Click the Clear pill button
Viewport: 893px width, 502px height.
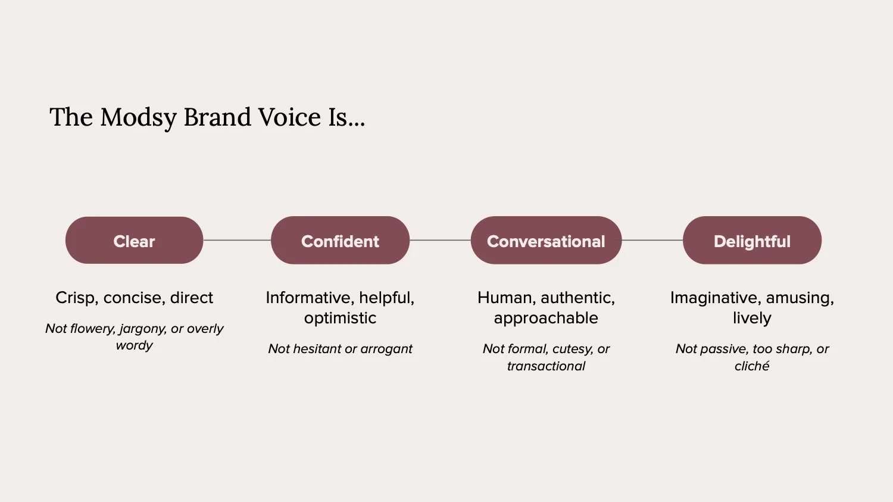click(x=134, y=241)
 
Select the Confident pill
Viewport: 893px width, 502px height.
click(x=340, y=241)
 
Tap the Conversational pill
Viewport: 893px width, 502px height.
click(x=546, y=241)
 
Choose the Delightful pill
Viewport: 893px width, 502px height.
click(x=752, y=241)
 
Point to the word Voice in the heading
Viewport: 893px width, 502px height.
click(x=289, y=117)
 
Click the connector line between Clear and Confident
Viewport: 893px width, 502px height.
click(x=237, y=240)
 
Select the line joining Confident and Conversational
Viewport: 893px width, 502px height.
click(x=440, y=240)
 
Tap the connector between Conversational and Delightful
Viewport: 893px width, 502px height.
click(x=652, y=240)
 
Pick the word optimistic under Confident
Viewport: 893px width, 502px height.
click(x=340, y=318)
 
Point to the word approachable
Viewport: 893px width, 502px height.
click(x=546, y=318)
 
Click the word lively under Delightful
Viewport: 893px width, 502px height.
click(x=752, y=318)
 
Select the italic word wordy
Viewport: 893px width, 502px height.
click(x=134, y=345)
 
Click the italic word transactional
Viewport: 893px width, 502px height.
click(x=546, y=366)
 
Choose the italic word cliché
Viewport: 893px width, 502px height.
click(x=752, y=366)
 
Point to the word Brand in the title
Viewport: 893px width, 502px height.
click(x=217, y=117)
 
